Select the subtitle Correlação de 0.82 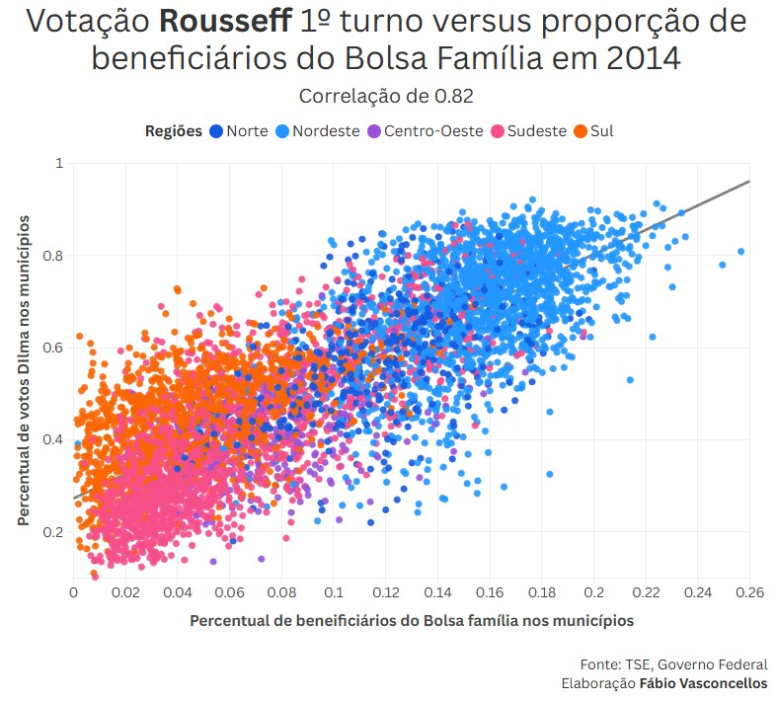click(x=386, y=96)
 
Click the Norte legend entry click(x=246, y=130)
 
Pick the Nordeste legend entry click(x=326, y=130)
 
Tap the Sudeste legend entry click(x=537, y=130)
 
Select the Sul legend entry click(x=601, y=130)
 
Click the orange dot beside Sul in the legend click(x=581, y=130)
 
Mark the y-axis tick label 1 click(x=59, y=163)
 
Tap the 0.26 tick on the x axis click(x=749, y=592)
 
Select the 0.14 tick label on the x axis click(x=437, y=592)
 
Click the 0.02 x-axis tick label click(x=125, y=592)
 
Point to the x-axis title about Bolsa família click(x=411, y=620)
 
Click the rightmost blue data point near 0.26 click(x=740, y=252)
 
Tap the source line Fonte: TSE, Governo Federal click(x=673, y=664)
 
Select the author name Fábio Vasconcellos click(x=703, y=683)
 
